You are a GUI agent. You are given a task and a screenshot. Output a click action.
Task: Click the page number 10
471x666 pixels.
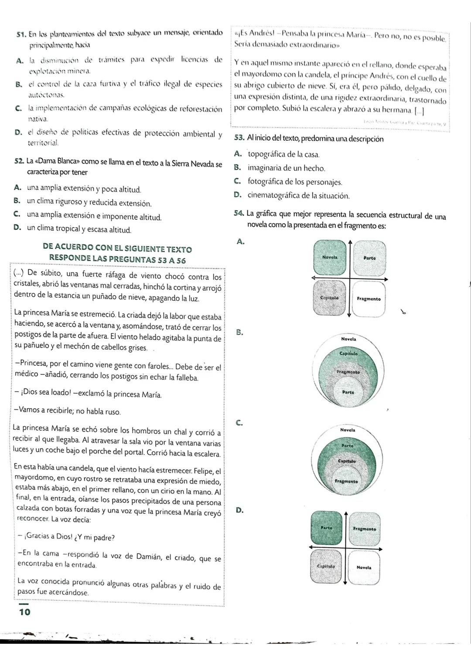[25, 612]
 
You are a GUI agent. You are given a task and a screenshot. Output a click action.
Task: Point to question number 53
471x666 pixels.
[239, 138]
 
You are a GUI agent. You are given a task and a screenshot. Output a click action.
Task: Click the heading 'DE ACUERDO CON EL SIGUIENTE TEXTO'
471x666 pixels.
[117, 249]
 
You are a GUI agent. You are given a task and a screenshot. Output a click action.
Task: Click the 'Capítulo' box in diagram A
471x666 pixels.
[330, 299]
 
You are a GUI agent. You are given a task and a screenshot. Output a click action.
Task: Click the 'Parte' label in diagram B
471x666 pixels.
[348, 392]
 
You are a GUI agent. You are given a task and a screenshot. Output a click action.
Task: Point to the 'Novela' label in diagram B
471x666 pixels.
[348, 339]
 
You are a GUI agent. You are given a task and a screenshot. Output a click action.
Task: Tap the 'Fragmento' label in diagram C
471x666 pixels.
[346, 481]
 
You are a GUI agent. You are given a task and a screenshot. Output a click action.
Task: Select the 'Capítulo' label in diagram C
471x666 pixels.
[347, 461]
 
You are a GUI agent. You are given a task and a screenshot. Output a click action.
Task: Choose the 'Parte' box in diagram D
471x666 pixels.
[327, 528]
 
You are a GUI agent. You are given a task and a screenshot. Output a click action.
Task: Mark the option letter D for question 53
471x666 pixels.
[237, 195]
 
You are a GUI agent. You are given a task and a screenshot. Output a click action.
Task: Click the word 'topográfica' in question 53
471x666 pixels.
[267, 154]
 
